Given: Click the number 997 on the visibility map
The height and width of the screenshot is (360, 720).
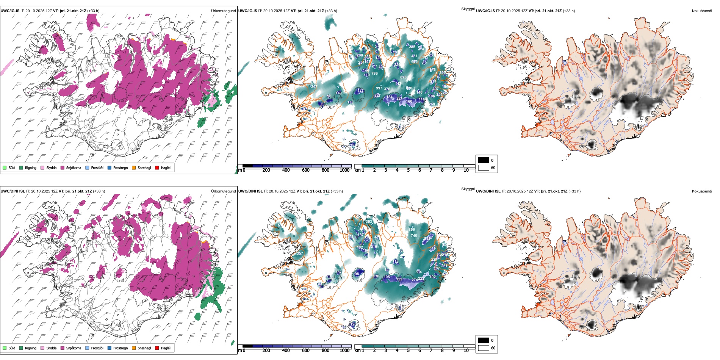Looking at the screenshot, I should (x=379, y=88).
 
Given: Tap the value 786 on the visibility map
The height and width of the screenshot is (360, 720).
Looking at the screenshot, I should (x=374, y=74).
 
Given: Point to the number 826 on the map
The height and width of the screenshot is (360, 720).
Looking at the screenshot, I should (x=403, y=77).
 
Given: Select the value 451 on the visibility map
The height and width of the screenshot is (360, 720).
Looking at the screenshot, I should (x=414, y=56).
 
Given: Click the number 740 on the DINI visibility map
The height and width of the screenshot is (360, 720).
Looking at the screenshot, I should (x=414, y=236).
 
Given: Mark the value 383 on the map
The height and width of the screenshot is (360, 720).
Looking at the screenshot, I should (x=369, y=222).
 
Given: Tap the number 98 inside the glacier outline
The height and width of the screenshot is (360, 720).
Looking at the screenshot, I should (x=357, y=274).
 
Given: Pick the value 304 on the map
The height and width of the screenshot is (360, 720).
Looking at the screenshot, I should (x=418, y=272).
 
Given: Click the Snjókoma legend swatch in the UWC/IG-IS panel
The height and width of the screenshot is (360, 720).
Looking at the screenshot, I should (x=63, y=167).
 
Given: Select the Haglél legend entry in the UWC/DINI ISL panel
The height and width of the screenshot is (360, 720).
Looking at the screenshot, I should (x=157, y=348).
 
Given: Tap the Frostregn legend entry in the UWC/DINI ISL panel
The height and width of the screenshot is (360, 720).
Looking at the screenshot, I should (x=110, y=348).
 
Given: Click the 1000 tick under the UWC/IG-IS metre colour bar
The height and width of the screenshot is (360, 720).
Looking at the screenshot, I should (x=344, y=170).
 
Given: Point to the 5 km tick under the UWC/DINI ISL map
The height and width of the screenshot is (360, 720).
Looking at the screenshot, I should (x=408, y=351).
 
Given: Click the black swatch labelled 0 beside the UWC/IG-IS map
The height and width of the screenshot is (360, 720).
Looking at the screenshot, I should (x=484, y=160).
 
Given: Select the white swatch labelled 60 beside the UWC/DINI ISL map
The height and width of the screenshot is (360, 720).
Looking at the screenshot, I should (x=484, y=348).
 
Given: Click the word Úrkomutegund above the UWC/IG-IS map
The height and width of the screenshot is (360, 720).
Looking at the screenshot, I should (x=223, y=11).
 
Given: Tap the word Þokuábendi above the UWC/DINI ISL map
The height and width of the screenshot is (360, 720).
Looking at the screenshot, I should (x=702, y=191).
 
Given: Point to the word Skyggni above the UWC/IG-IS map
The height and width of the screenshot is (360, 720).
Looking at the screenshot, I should (x=468, y=9).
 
